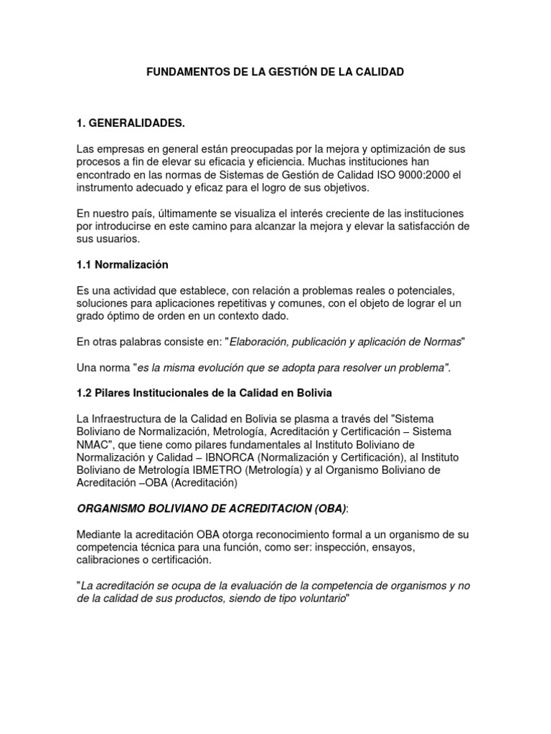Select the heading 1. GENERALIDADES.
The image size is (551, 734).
pos(131,124)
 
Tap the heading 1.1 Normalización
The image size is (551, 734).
pos(122,264)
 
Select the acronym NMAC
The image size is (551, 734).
pos(92,444)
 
